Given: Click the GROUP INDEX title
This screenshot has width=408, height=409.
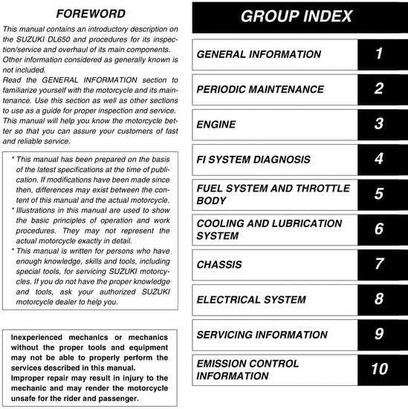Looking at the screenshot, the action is [x=297, y=17].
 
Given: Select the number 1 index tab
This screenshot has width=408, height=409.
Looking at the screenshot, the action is [x=378, y=54].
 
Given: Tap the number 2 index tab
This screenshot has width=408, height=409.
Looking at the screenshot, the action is [x=378, y=89].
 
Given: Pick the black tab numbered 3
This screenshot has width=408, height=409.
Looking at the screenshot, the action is [x=378, y=125].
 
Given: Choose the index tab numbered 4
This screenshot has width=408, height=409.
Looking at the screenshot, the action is [x=378, y=160].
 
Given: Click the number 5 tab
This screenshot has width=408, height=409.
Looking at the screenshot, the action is [x=378, y=194].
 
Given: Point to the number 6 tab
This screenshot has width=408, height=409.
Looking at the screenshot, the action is [x=378, y=229].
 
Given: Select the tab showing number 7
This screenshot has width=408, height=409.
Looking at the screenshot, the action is [x=378, y=264].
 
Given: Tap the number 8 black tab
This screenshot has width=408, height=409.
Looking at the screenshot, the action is [x=378, y=299].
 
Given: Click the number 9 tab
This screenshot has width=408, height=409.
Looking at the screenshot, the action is [x=378, y=335].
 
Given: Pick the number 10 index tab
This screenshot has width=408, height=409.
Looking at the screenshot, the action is [x=378, y=370].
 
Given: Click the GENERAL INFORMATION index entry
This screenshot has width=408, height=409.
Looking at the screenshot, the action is [x=259, y=54].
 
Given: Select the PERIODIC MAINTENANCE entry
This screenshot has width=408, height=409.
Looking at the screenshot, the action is [x=260, y=90].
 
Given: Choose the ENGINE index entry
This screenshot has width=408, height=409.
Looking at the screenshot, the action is [x=216, y=125].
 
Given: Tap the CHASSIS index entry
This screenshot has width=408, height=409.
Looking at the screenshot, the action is [x=219, y=264].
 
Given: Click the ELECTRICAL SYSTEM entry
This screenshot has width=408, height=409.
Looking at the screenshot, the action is [x=250, y=300].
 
